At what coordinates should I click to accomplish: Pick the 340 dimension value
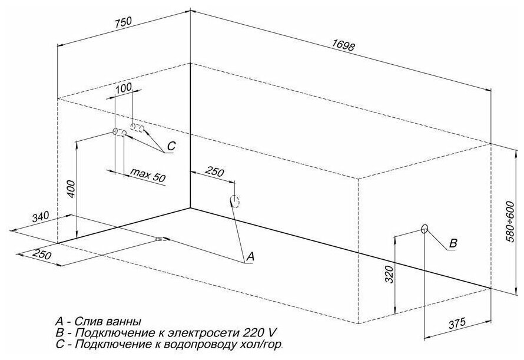tap(41, 217)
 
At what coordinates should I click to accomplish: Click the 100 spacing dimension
tap(123, 88)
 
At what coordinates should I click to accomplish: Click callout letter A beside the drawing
tap(250, 256)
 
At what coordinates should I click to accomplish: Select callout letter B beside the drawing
tap(453, 243)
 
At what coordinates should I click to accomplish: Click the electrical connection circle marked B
tap(424, 229)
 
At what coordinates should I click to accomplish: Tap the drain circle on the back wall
tap(234, 202)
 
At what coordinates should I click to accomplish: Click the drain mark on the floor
tap(160, 239)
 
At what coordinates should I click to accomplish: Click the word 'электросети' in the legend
tap(169, 332)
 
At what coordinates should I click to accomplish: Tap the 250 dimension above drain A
tap(214, 172)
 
